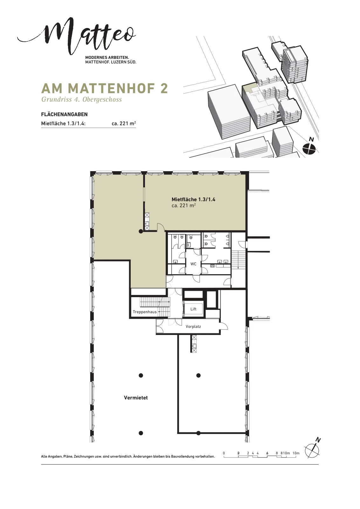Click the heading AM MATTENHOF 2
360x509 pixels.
105,88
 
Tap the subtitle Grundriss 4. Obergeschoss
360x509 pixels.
81,100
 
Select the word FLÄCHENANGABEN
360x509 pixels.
64,114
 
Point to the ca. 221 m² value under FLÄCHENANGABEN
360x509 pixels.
124,124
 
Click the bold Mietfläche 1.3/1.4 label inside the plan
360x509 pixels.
193,199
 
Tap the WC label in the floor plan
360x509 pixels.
193,264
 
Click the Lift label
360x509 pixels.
193,309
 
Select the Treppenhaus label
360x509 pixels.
145,312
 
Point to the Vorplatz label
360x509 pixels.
193,326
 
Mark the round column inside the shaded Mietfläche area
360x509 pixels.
141,232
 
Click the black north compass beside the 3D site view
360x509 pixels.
309,149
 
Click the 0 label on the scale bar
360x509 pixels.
224,453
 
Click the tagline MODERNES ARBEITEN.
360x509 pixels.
107,58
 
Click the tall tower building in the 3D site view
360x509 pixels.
295,65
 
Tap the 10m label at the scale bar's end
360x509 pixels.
296,453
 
